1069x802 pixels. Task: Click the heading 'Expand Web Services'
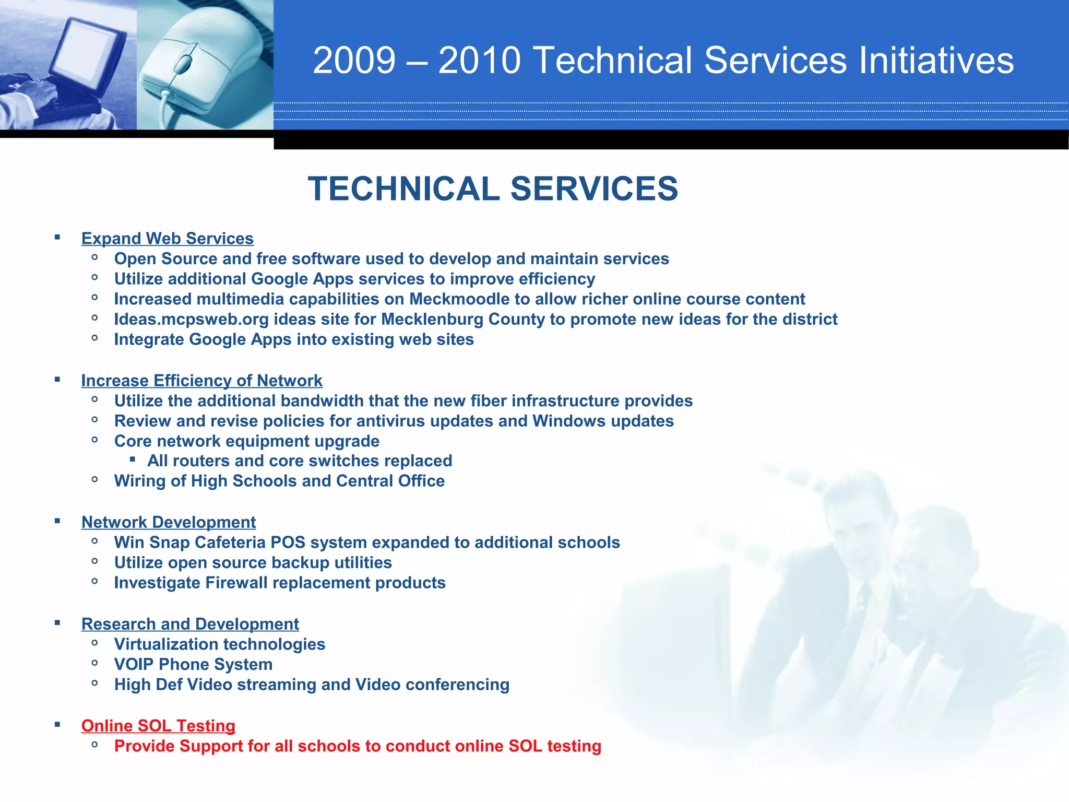click(167, 239)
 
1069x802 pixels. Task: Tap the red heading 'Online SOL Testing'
click(158, 726)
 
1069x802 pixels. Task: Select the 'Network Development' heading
click(168, 522)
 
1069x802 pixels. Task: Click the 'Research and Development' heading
click(190, 624)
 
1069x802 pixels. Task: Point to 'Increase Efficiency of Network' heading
click(201, 381)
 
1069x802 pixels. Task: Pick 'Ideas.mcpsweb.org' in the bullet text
click(191, 319)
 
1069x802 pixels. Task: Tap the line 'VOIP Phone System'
click(193, 665)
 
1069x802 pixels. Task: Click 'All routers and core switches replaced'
click(299, 461)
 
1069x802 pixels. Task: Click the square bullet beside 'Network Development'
click(57, 521)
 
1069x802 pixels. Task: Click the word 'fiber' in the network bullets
click(488, 401)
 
